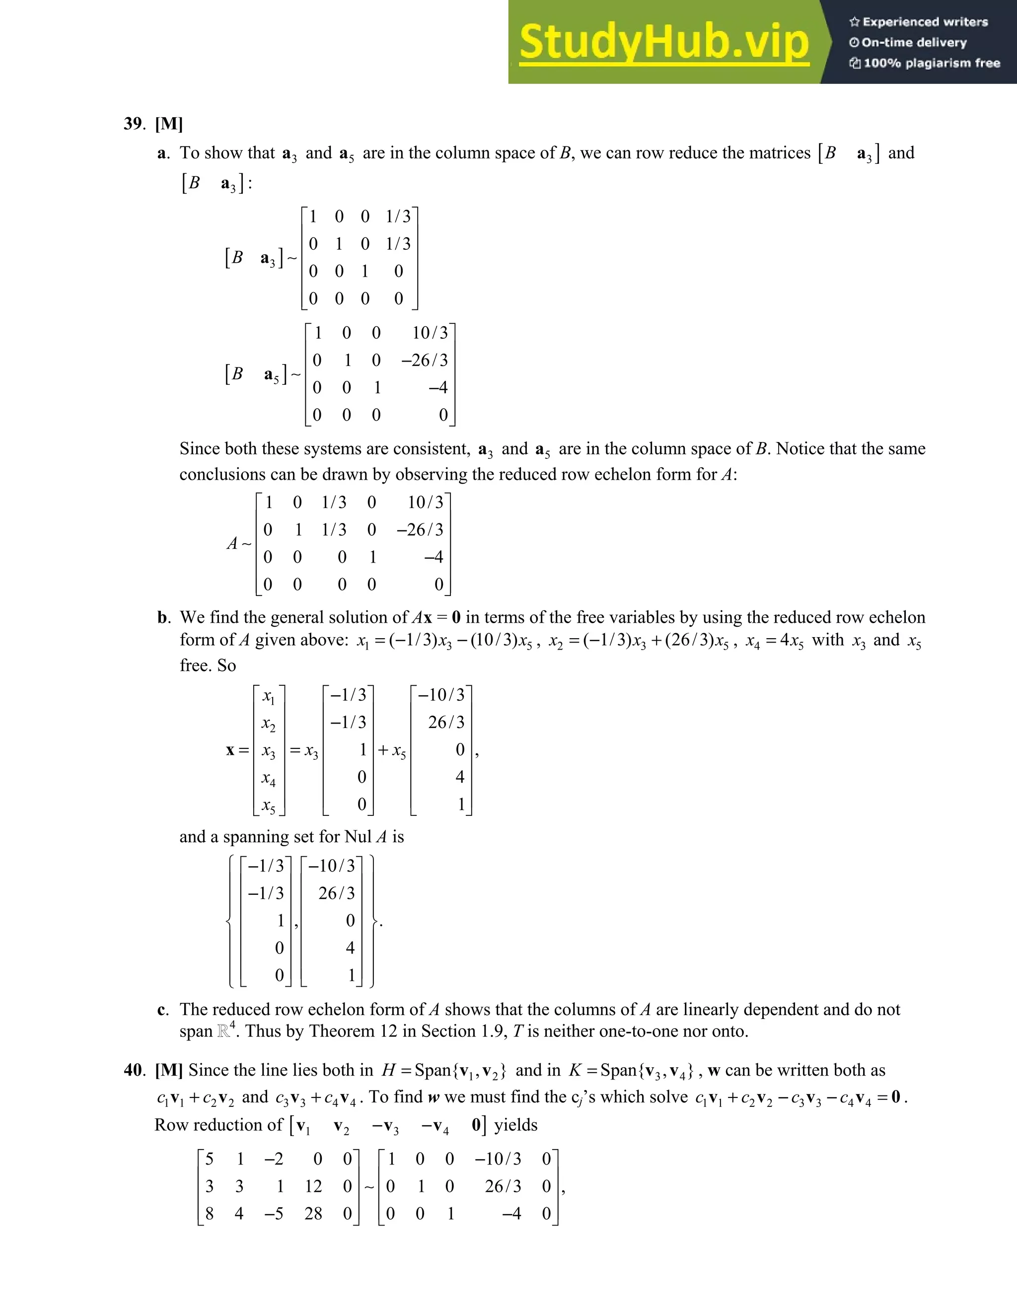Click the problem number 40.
[134, 1070]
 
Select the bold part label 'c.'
[163, 1010]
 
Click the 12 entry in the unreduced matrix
[313, 1186]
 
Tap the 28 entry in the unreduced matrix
[313, 1214]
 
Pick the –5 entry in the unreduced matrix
[274, 1214]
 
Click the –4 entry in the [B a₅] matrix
[438, 387]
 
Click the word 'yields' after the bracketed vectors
[516, 1125]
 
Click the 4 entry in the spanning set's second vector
[350, 948]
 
